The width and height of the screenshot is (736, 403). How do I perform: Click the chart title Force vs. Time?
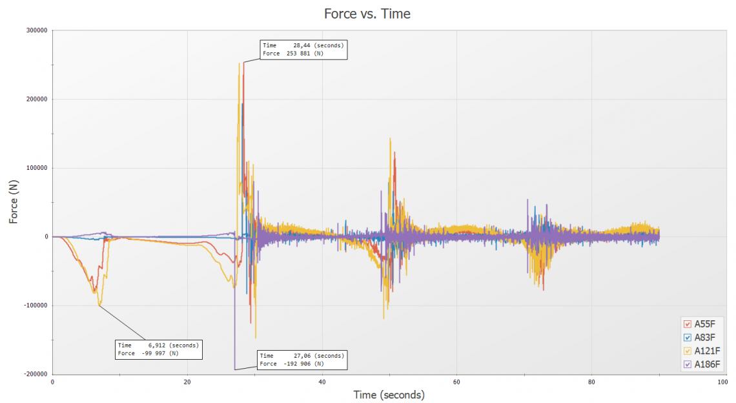368,14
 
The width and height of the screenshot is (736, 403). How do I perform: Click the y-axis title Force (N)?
14,201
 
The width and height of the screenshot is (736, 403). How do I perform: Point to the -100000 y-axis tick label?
34,305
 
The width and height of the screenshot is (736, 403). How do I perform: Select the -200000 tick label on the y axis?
34,374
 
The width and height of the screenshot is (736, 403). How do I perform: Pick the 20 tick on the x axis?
187,381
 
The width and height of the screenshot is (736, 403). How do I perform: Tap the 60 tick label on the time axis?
456,381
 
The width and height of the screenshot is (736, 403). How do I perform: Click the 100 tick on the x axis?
722,381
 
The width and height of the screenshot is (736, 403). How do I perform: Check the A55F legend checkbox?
688,324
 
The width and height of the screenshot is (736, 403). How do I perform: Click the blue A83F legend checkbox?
688,337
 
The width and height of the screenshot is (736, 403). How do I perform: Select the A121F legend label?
707,351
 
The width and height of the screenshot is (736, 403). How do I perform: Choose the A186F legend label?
707,364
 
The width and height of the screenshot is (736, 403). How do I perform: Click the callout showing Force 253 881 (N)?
303,50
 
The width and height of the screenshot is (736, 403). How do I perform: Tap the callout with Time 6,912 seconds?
159,349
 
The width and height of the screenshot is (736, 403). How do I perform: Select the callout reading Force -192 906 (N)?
302,360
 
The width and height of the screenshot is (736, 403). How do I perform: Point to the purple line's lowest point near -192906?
234,369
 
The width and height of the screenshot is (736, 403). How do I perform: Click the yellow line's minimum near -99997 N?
99,305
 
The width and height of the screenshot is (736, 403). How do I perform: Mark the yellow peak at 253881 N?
240,63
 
